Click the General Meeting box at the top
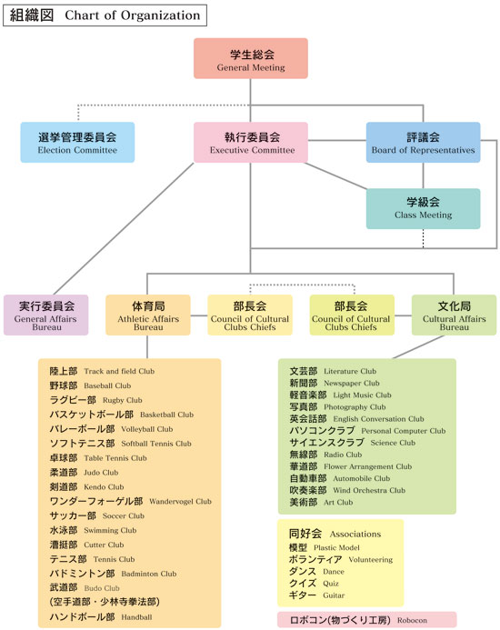pos(251,58)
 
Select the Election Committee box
pos(77,142)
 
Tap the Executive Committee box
pos(251,142)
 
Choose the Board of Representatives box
pos(424,142)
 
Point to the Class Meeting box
pos(424,208)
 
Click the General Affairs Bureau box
pos(45,315)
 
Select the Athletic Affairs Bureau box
pos(148,315)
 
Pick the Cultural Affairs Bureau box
pos(455,315)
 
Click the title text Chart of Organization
pos(132,15)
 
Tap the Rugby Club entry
pos(95,400)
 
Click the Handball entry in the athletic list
pos(101,617)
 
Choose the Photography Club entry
pos(337,407)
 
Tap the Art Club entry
pos(321,502)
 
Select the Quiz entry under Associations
pos(314,584)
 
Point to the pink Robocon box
pos(367,620)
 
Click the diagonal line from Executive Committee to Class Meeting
pos(336,176)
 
